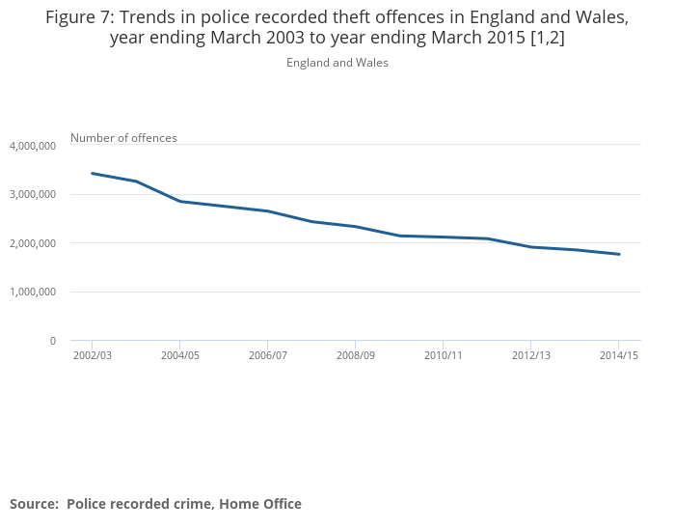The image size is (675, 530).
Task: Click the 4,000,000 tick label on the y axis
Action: point(33,146)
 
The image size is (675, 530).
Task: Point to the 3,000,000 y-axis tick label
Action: point(33,195)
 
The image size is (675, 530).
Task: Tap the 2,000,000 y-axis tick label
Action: point(33,243)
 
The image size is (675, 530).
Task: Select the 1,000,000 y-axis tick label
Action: point(33,292)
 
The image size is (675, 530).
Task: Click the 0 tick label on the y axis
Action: point(52,341)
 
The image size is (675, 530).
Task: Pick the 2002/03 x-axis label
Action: point(92,356)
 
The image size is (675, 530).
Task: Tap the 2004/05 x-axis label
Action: point(179,356)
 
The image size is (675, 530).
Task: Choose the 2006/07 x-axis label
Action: point(267,356)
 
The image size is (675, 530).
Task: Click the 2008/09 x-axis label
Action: point(355,356)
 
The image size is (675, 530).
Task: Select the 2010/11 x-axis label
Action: point(443,356)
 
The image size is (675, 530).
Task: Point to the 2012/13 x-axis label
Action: point(530,356)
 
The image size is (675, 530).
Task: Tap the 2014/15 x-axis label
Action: point(618,356)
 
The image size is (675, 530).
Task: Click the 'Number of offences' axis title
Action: point(123,138)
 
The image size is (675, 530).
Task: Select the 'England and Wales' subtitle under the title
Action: point(337,63)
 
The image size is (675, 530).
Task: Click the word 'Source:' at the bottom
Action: point(34,504)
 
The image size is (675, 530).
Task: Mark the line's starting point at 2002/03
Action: point(92,174)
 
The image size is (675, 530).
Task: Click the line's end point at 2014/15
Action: point(618,254)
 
